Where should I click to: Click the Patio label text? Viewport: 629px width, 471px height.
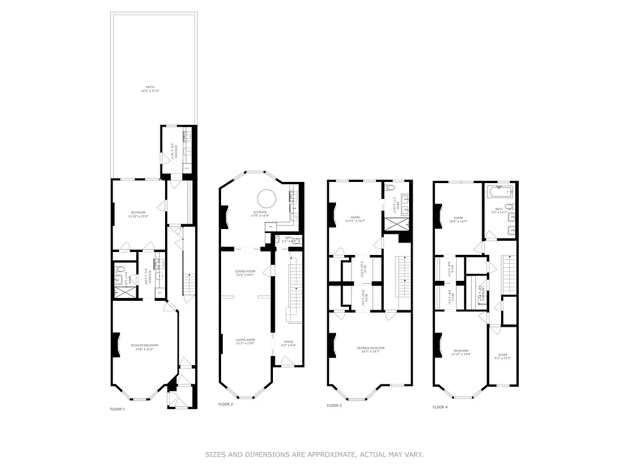point(151,89)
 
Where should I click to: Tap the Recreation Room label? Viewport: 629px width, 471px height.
point(144,347)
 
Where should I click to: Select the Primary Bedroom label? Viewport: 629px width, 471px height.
point(370,350)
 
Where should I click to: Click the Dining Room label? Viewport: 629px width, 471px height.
point(245,273)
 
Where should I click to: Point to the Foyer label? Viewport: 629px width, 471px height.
point(288,343)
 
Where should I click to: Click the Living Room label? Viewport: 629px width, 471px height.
point(245,341)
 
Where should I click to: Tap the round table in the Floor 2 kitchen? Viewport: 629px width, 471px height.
point(266,197)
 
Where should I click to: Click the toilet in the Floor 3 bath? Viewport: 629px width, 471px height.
point(390,188)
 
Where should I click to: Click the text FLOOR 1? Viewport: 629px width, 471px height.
point(117,409)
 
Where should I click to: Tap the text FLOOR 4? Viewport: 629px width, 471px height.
point(440,407)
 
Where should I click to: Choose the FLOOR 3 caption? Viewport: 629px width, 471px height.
point(334,406)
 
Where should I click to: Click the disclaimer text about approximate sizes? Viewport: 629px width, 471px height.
point(314,455)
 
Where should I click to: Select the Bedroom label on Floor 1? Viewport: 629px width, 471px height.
point(137,214)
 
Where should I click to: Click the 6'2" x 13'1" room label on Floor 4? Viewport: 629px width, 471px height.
point(502,356)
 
